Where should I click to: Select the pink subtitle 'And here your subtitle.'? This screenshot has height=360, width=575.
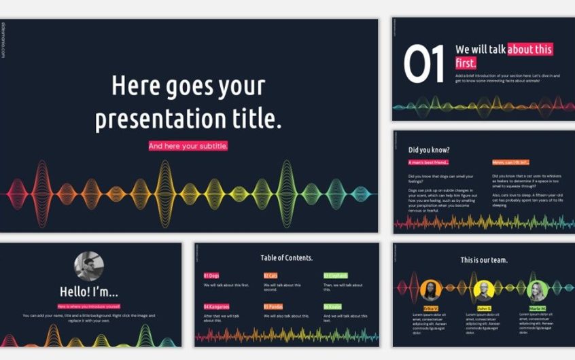click(x=188, y=146)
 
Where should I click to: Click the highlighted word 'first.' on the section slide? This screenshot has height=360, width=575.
click(x=466, y=63)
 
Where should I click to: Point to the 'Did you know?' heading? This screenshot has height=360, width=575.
click(x=427, y=149)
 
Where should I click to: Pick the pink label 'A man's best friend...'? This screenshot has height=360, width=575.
click(x=428, y=163)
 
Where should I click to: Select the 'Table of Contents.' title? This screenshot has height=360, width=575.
click(x=286, y=258)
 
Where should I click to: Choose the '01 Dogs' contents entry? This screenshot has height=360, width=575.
click(x=211, y=276)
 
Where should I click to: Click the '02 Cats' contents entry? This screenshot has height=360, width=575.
click(x=271, y=276)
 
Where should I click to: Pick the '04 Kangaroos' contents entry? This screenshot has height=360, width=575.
click(x=217, y=307)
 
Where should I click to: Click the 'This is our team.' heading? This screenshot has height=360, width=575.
click(x=483, y=260)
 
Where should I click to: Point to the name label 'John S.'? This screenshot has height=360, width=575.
click(x=484, y=308)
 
